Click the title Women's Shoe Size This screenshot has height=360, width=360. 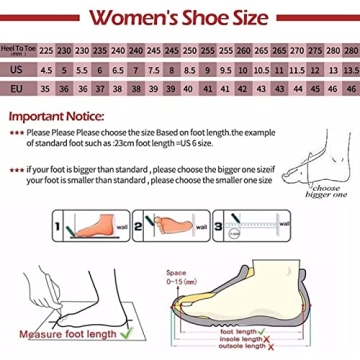[180, 17]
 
